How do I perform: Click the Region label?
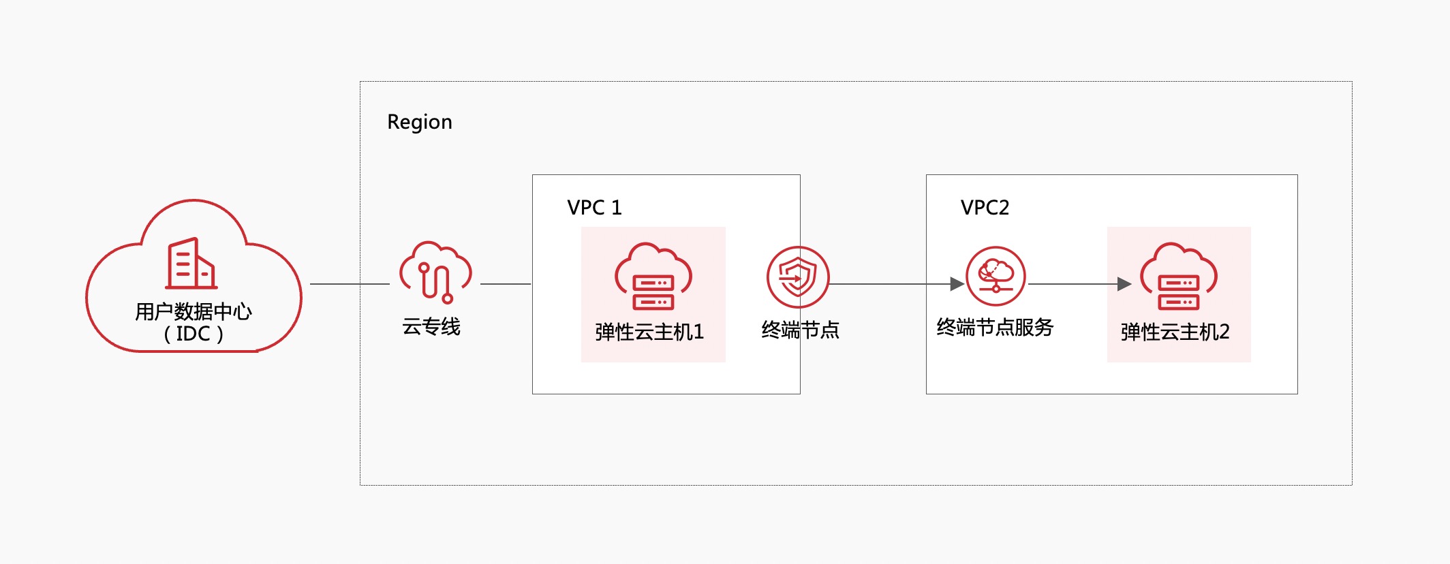click(420, 122)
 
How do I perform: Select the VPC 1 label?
click(594, 208)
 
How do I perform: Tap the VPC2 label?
click(985, 208)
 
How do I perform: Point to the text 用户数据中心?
click(194, 311)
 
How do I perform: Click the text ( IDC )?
click(194, 334)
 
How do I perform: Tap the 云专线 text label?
click(431, 327)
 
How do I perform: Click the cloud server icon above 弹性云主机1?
click(653, 277)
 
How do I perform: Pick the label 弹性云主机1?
click(649, 332)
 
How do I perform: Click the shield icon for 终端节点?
click(798, 277)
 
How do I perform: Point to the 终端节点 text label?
click(801, 330)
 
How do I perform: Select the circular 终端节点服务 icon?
click(996, 277)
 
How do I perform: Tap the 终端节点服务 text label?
click(995, 328)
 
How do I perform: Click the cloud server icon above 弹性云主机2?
click(1179, 277)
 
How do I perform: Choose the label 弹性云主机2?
click(1175, 332)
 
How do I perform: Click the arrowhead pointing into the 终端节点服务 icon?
click(957, 284)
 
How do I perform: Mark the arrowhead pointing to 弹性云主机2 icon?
click(1124, 284)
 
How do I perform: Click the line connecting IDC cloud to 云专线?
click(350, 284)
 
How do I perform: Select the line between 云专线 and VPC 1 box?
click(506, 284)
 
